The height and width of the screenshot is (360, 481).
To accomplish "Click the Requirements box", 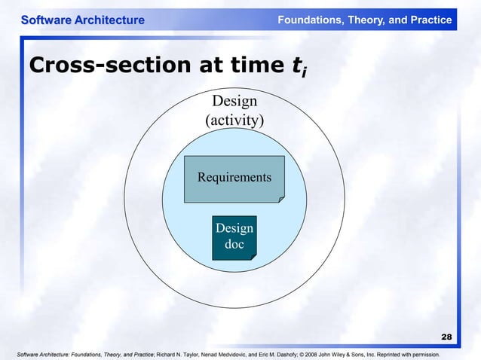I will (x=234, y=178).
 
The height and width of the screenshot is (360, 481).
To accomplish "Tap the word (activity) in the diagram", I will (x=234, y=121).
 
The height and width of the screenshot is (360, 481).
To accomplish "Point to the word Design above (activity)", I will (x=234, y=102).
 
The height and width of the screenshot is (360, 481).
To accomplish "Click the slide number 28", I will (x=446, y=337).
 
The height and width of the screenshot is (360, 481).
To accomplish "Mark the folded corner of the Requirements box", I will (x=280, y=198).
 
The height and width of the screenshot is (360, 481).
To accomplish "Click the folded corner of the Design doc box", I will (x=253, y=256).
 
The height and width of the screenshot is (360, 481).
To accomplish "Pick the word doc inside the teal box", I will (x=234, y=244).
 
